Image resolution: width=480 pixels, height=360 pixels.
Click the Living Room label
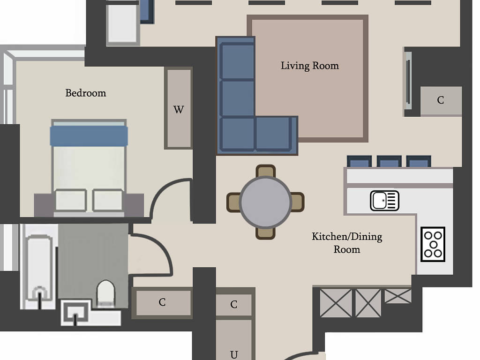tap(310, 66)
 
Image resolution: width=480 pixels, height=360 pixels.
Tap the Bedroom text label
tap(86, 93)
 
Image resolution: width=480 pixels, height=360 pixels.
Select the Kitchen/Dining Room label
tap(347, 243)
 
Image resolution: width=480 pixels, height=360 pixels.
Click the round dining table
tap(265, 202)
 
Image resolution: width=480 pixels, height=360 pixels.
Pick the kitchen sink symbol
tap(384, 201)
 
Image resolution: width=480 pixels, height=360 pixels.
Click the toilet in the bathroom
tap(105, 293)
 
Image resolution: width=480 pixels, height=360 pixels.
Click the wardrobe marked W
tap(179, 108)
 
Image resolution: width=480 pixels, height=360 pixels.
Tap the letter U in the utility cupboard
tap(234, 355)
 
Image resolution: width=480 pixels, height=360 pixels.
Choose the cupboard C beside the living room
tap(441, 100)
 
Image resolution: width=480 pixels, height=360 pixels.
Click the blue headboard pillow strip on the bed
tap(89, 135)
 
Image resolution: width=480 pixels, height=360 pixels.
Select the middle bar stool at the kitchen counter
tap(389, 161)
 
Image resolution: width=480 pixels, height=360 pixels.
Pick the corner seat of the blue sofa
tap(238, 134)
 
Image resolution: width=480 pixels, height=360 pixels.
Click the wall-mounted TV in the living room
tap(408, 80)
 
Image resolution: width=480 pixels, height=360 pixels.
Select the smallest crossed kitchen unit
tap(397, 296)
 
